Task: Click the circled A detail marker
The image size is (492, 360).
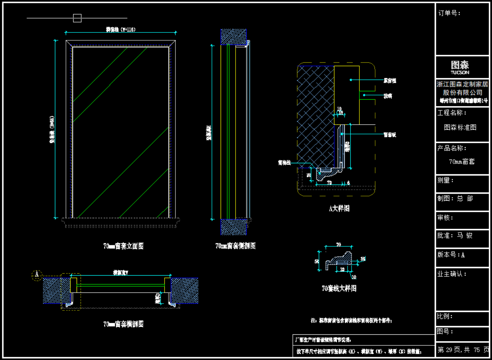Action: (x=37, y=275)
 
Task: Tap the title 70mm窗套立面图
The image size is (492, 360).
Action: (x=123, y=246)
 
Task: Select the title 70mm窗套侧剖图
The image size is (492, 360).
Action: (x=236, y=246)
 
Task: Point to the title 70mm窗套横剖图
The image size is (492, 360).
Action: (x=123, y=324)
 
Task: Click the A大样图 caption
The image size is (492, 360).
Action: (x=339, y=208)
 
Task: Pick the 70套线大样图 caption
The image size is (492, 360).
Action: (x=339, y=288)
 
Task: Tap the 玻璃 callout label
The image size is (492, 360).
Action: (x=388, y=96)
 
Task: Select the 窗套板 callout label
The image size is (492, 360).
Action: (x=389, y=135)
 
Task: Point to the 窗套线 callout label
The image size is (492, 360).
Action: (x=284, y=162)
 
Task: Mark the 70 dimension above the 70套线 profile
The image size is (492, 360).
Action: (x=338, y=244)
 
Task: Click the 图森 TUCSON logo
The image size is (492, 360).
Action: (x=460, y=67)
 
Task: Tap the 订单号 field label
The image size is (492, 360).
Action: (x=449, y=13)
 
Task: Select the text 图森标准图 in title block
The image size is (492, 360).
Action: (x=460, y=127)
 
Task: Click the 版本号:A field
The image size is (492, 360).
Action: (x=451, y=255)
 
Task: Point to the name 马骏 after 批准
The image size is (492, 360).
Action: (x=465, y=235)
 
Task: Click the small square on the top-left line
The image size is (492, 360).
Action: (x=77, y=18)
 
